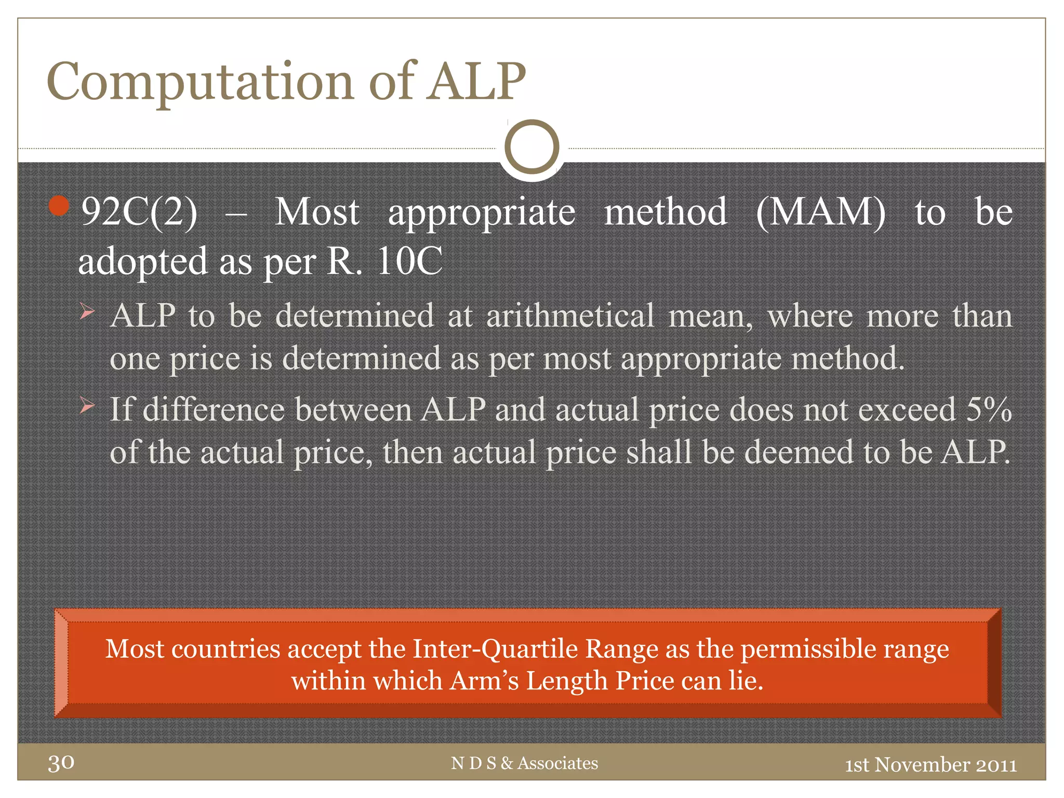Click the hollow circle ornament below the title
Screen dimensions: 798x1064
[x=531, y=147]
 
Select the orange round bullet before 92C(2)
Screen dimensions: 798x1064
[x=59, y=206]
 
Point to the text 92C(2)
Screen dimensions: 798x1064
[x=139, y=212]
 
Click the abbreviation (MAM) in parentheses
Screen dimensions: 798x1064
[x=820, y=212]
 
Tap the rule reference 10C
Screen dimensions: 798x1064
[x=409, y=261]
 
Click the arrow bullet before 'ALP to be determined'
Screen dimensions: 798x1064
[x=87, y=312]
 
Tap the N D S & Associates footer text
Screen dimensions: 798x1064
[x=524, y=763]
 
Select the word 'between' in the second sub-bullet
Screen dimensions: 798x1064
[x=353, y=410]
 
